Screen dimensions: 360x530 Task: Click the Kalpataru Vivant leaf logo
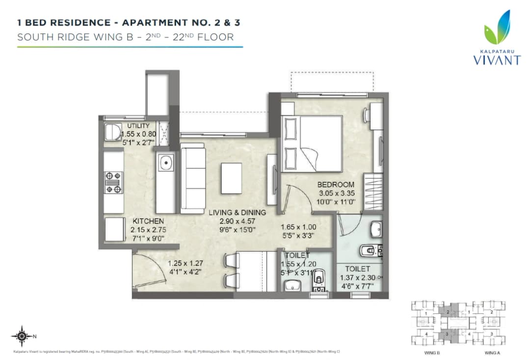tap(496, 30)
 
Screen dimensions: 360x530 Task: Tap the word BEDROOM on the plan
tap(335, 185)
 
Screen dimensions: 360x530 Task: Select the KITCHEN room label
tap(148, 222)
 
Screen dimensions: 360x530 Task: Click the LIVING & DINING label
tap(237, 213)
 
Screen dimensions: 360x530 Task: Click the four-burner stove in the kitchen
tap(113, 182)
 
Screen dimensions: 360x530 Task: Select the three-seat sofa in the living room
tap(193, 178)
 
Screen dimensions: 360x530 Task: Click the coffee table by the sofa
tap(231, 178)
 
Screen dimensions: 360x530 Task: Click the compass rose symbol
tap(22, 336)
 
